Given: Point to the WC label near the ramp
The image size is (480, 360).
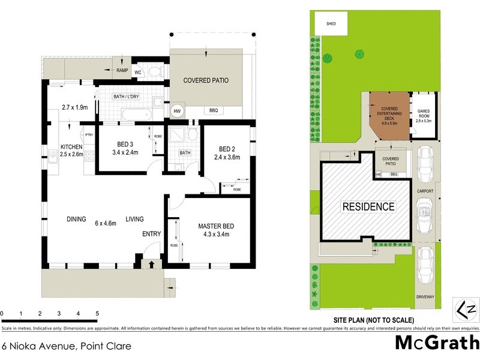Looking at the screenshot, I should coord(137,72).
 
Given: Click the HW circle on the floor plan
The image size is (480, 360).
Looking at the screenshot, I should coord(178,111).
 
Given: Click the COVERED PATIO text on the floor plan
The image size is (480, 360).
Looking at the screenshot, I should coord(206,80).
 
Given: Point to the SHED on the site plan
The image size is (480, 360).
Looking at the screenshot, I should coord(331,24).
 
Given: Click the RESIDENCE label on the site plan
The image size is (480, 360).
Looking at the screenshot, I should coord(368,207).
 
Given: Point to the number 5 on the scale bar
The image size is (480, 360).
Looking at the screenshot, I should coord(97,314).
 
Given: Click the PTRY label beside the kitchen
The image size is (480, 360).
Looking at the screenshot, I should coord(89,134).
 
